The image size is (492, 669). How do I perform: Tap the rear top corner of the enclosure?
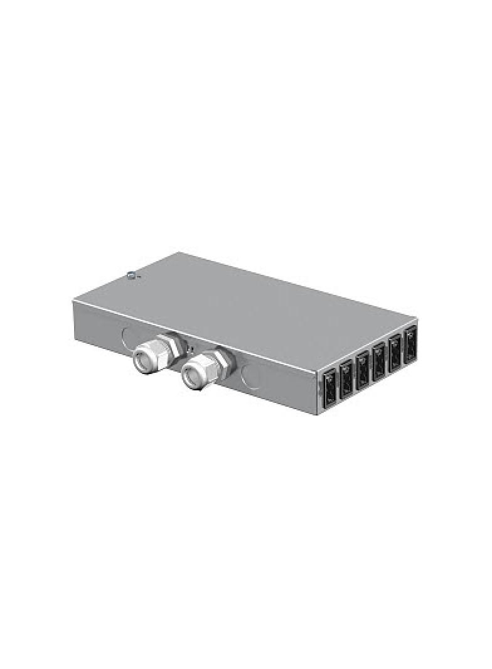(181, 252)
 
